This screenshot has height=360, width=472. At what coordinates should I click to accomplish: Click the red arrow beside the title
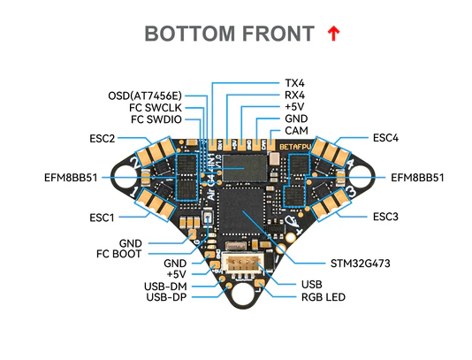[x=333, y=34]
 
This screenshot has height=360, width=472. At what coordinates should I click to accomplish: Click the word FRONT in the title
[x=273, y=34]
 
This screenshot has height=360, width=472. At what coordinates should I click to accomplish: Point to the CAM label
[x=296, y=130]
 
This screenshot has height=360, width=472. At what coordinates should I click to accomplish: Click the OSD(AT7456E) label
[x=145, y=95]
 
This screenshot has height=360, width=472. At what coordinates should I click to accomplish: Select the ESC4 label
[x=385, y=138]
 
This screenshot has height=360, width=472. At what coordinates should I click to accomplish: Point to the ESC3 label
[x=385, y=217]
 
